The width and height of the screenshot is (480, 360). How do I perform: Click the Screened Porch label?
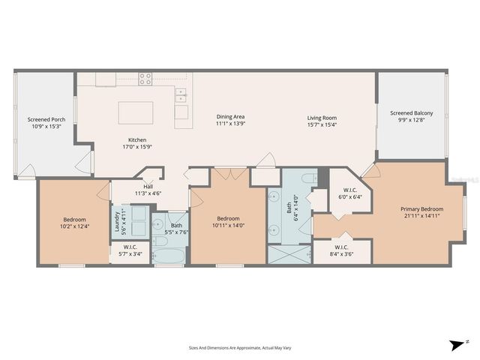[x=44, y=119]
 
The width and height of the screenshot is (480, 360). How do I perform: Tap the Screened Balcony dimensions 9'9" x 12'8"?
[x=412, y=121]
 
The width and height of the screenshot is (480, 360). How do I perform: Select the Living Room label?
[x=321, y=117]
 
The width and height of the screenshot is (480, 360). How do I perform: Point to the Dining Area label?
[x=231, y=116]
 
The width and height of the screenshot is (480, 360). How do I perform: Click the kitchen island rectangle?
[x=136, y=112]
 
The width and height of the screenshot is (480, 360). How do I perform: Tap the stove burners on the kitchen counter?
[x=145, y=79]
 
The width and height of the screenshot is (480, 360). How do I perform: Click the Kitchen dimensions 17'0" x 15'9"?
[x=136, y=146]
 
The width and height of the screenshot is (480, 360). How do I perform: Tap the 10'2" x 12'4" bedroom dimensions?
[x=74, y=226]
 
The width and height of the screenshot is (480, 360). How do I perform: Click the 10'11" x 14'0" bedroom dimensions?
[x=229, y=225]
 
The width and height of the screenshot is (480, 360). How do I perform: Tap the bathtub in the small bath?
[x=169, y=255]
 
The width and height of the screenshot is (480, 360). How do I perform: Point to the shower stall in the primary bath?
[x=289, y=254]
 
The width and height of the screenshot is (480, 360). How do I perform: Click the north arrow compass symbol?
[x=457, y=344]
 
